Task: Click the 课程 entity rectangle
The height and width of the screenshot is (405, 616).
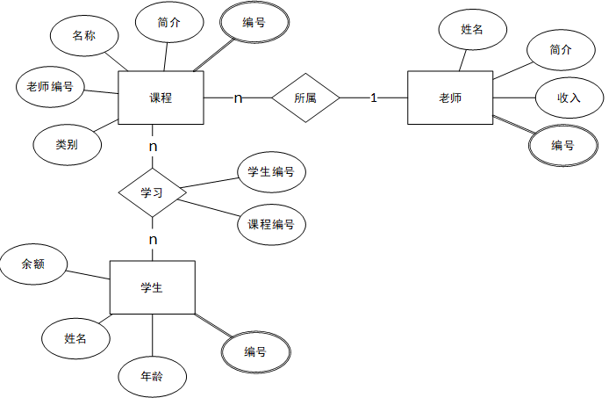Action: [161, 98]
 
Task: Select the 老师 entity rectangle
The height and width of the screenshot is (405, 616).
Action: [450, 98]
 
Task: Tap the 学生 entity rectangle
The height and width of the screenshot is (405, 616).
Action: [152, 286]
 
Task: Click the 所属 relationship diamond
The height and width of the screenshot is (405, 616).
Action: [305, 98]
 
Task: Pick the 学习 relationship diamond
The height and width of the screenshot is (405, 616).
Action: [153, 191]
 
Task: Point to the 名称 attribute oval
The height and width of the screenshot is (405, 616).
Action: [84, 36]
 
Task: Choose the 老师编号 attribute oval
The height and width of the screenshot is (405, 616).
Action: [51, 86]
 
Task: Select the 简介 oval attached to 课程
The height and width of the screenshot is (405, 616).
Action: [170, 24]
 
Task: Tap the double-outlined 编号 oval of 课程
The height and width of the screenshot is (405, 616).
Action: [254, 24]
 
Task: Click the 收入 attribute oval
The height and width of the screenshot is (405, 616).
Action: [569, 98]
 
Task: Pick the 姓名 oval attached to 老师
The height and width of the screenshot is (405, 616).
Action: [472, 30]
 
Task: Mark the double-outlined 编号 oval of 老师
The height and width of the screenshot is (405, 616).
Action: [562, 145]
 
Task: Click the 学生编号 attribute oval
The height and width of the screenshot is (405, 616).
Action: [271, 172]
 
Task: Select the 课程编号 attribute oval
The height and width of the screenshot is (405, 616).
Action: [271, 224]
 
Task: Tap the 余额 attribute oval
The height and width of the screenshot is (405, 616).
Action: [33, 264]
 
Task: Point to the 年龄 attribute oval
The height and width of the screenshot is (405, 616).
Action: [152, 375]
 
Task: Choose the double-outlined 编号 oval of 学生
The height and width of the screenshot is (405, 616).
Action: [255, 351]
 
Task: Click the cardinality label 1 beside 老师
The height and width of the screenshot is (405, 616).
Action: [373, 98]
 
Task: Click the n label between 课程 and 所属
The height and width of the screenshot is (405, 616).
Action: [238, 98]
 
